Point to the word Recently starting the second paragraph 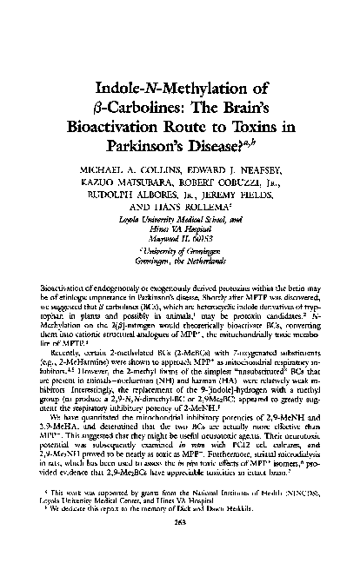click(68, 330)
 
